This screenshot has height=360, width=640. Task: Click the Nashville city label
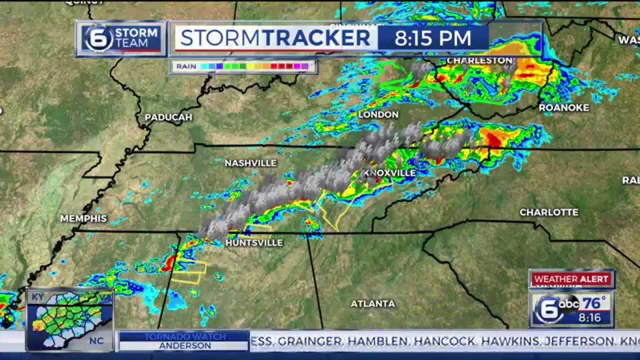[x=250, y=163]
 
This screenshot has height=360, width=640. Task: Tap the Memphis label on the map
[x=83, y=218]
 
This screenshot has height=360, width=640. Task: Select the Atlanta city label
[x=372, y=303]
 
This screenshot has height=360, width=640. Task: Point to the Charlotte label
[x=549, y=212]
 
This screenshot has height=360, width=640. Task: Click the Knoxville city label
[x=389, y=173]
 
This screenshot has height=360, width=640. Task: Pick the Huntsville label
[x=254, y=243]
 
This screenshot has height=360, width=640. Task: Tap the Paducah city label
[x=168, y=117]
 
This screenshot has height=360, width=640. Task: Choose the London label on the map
[x=378, y=115]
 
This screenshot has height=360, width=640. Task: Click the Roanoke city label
[x=564, y=107]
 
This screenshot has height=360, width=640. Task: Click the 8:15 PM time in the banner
[x=433, y=38]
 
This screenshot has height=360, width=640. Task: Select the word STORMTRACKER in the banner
[x=275, y=38]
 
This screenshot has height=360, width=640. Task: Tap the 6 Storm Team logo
[x=121, y=38]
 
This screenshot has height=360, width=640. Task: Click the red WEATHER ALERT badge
[x=571, y=279]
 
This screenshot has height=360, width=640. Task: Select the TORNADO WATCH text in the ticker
[x=185, y=336]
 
